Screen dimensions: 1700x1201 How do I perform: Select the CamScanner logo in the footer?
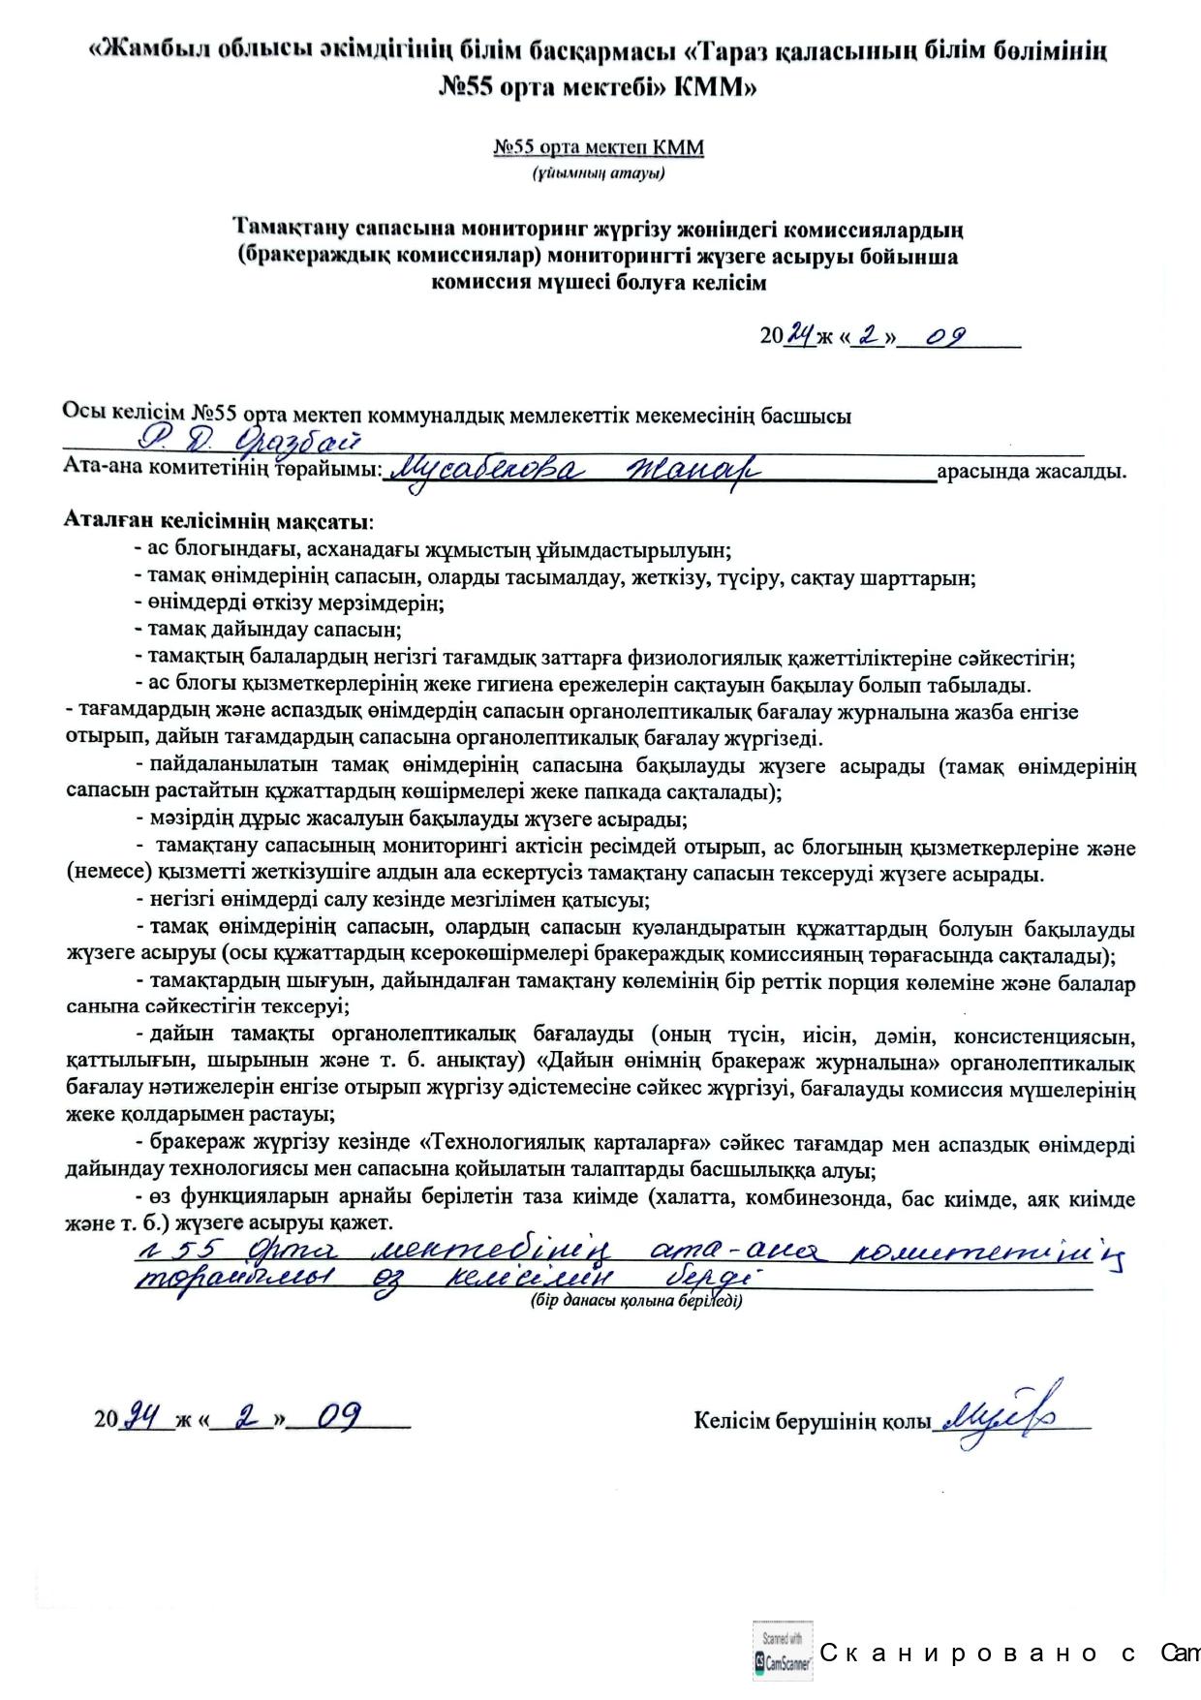point(783,1652)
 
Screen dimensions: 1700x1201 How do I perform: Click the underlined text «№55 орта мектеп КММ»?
point(599,148)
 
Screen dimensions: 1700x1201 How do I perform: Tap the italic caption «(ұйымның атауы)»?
point(598,174)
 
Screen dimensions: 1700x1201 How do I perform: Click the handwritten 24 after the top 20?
point(800,335)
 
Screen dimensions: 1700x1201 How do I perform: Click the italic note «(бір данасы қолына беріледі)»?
point(635,1301)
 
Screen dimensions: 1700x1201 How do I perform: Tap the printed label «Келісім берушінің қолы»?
point(811,1420)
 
